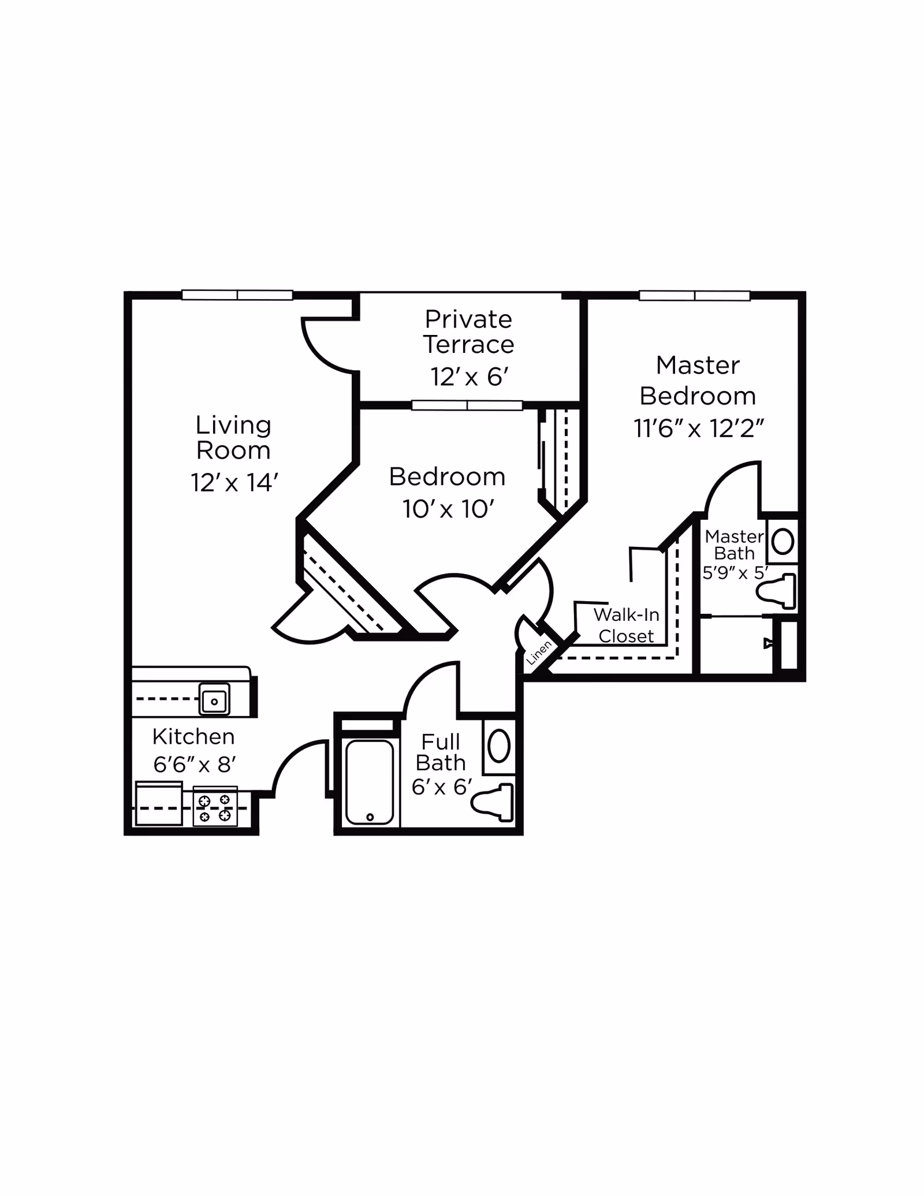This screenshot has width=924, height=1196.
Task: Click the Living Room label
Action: tap(233, 438)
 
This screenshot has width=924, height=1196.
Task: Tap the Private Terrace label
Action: tap(468, 331)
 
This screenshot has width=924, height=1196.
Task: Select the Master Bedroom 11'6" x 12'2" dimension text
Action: tap(699, 429)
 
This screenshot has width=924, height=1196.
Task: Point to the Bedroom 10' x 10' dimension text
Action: tap(448, 509)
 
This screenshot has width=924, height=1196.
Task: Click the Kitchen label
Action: tap(193, 737)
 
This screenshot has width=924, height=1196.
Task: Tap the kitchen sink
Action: tap(214, 699)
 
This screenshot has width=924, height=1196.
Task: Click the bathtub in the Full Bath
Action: tap(370, 782)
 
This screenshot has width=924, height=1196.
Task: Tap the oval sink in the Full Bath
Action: tap(499, 746)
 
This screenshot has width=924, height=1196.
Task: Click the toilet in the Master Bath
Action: tap(777, 591)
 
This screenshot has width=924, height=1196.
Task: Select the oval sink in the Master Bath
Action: tap(783, 542)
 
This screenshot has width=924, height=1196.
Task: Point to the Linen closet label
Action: tap(539, 653)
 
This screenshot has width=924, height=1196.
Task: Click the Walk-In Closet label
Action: tap(626, 625)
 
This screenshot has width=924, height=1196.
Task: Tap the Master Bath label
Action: tap(734, 545)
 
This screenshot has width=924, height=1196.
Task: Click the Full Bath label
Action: tap(441, 752)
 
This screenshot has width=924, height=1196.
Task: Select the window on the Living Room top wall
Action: tap(237, 295)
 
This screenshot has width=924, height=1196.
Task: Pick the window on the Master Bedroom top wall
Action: tap(694, 296)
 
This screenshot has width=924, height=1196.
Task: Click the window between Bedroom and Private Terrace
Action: tap(467, 405)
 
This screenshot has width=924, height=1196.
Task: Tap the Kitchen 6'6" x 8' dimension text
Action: tap(195, 765)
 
